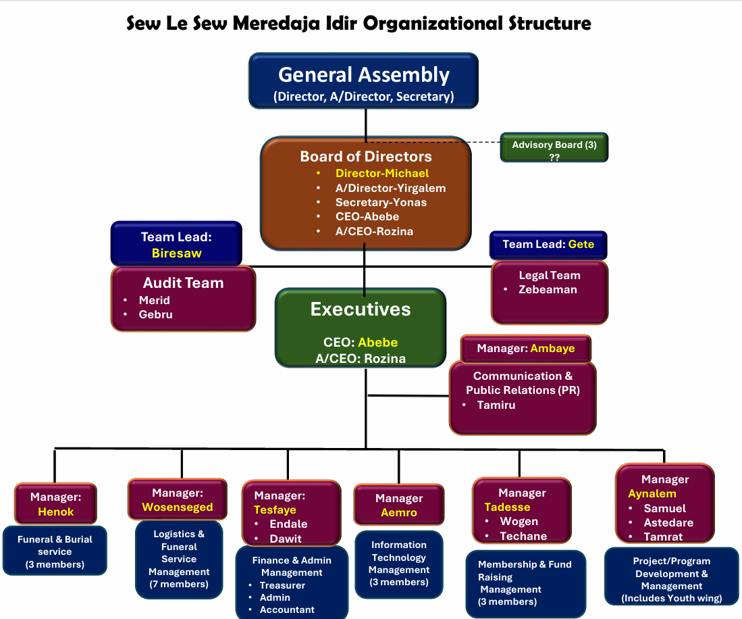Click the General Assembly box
pos(363,81)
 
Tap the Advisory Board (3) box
pos(554,147)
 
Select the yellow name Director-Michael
pos(382,174)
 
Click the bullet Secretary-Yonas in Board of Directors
pos(381,203)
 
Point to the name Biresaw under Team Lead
pos(177,253)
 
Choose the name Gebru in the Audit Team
pos(156,315)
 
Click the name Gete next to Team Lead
pos(581,244)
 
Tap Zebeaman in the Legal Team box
pos(548,290)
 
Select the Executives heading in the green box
pos(361,309)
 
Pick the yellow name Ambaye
pos(552,349)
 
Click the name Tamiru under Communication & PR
pos(496,405)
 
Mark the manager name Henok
pos(56,512)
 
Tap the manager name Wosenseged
pos(177,507)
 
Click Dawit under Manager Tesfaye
pos(286,539)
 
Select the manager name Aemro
pos(399,513)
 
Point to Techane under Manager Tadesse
pos(523,536)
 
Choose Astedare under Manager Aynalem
pos(668,522)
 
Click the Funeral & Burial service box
pos(55,551)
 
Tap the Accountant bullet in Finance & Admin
pos(287,610)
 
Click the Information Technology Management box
pos(398,564)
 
